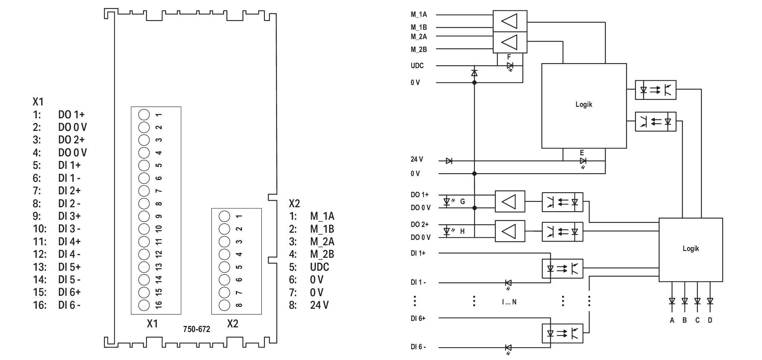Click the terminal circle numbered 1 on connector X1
coord(144,115)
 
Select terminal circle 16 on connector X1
coord(144,305)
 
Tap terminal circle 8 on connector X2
coord(224,305)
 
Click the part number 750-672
coord(196,329)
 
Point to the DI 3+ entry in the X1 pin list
coord(70,216)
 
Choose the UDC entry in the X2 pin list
coord(320,267)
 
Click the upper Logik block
coord(584,106)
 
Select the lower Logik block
coord(691,250)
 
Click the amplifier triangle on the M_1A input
coord(509,21)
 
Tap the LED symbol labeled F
coord(510,66)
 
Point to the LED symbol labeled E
coord(583,161)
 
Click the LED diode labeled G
coord(447,202)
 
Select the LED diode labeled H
coord(447,231)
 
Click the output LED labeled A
coord(672,301)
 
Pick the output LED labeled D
coord(710,301)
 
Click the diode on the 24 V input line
coord(449,161)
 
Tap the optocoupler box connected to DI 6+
coord(562,334)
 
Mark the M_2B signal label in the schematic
coord(419,49)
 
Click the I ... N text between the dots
coord(509,302)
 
